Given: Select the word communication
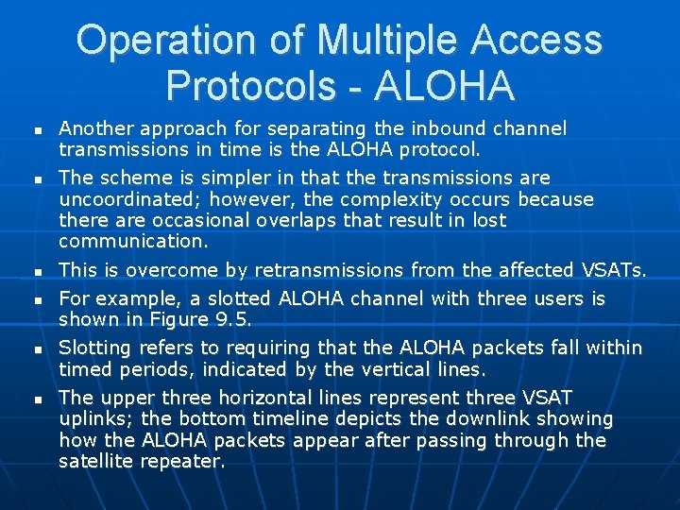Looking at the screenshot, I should (x=132, y=241).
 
